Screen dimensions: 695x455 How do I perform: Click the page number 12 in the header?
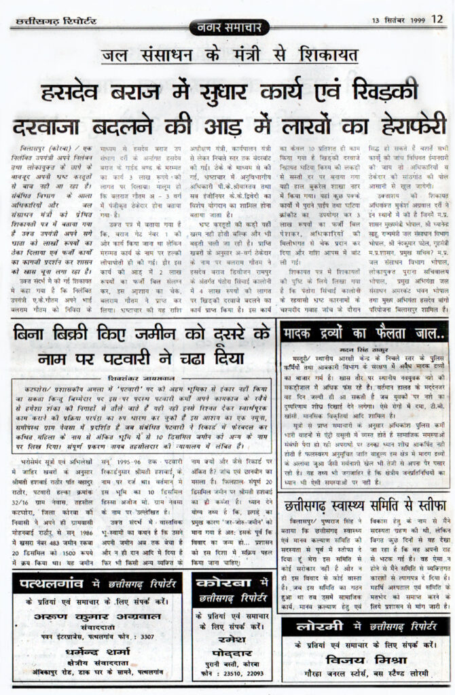pos(437,18)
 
